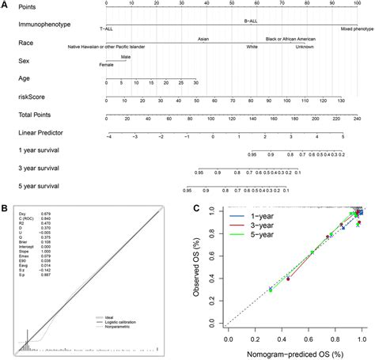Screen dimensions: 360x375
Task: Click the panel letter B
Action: [x=6, y=208]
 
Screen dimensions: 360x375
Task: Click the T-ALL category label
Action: [x=106, y=28]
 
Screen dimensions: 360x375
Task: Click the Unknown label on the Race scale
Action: [x=305, y=47]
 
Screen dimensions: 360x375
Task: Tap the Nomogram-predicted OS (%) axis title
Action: [x=294, y=353]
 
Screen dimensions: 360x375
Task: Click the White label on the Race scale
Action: [x=252, y=47]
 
